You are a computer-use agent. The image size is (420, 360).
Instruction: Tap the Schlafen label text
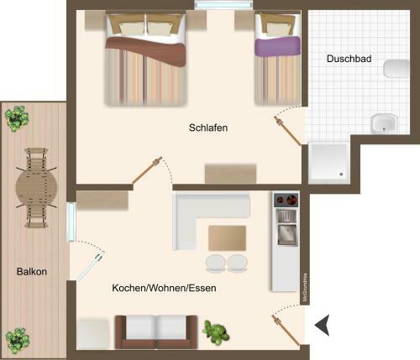208,128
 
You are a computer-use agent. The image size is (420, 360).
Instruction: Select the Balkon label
31,272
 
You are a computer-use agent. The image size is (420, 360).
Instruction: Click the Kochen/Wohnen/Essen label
164,288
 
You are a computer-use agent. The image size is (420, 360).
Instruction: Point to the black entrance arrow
322,323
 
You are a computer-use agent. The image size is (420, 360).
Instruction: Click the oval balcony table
37,186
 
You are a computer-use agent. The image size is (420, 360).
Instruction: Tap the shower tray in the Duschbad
328,162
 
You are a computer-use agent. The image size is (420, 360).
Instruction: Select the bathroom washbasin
385,123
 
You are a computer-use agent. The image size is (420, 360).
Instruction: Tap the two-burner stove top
286,201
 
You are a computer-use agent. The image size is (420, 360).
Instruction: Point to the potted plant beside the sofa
217,333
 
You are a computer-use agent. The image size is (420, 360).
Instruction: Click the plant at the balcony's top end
15,117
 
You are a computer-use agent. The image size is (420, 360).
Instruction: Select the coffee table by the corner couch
227,237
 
